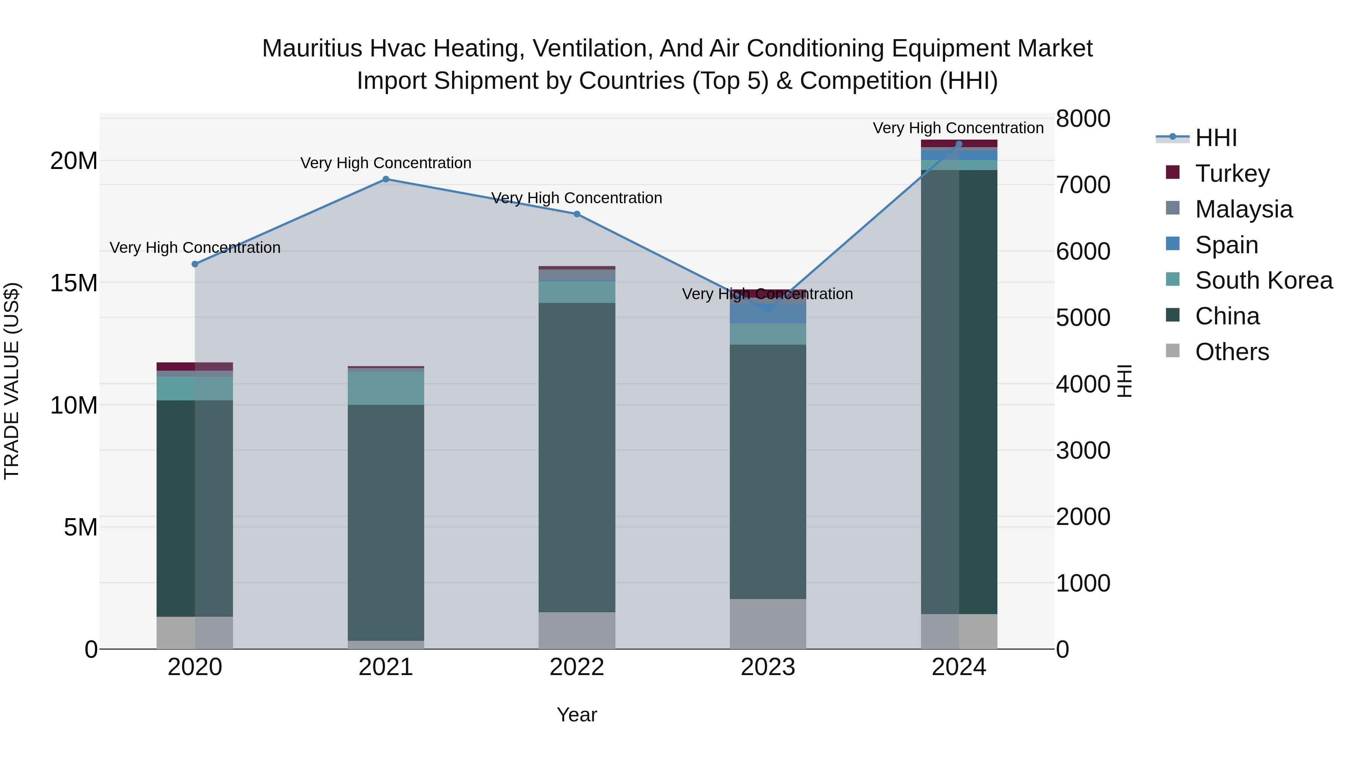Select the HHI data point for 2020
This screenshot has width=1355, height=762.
[195, 264]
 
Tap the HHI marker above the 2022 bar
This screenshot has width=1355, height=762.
[577, 214]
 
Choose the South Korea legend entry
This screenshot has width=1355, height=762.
[1264, 280]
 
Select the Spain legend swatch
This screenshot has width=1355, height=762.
[1172, 244]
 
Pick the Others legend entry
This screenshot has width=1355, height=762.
[1232, 352]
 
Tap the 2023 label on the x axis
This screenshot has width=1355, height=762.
[767, 667]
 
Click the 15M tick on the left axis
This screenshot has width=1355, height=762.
[74, 283]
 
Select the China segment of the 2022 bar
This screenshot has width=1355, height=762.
[577, 458]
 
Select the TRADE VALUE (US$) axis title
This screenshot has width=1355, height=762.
[12, 381]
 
